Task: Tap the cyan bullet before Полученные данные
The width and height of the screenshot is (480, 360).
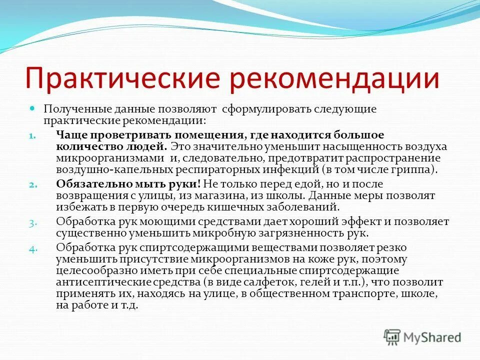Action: click(32, 108)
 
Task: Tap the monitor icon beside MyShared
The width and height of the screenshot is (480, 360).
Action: click(392, 337)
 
